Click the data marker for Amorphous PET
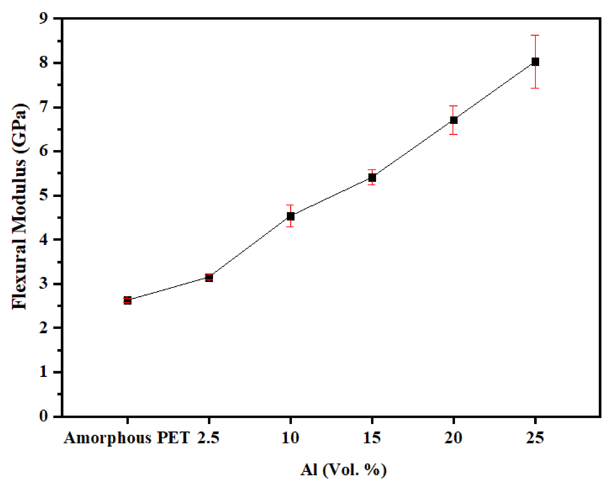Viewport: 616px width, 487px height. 128,300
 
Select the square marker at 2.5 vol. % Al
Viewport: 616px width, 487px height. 209,278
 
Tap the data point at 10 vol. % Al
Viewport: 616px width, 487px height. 290,216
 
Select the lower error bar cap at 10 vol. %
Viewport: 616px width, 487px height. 290,227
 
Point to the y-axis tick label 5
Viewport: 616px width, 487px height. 44,196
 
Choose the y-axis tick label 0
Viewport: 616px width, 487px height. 44,416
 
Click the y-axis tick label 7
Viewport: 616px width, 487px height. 44,107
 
